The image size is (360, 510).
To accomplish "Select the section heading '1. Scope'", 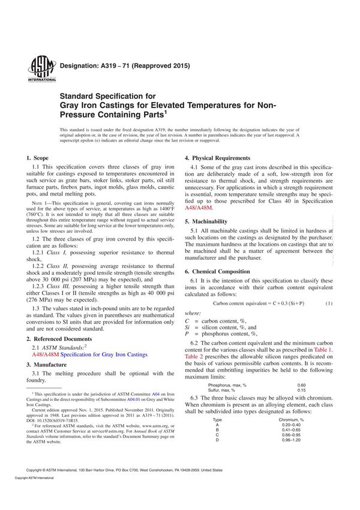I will click(38, 158).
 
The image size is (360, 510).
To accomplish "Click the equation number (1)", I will click(329, 304).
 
